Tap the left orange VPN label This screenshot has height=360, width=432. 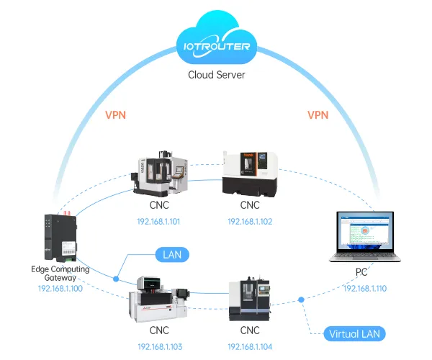click(117, 114)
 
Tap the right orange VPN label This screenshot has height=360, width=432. click(318, 114)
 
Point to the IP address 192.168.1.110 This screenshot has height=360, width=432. click(364, 288)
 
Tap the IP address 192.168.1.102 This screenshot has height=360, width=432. click(250, 221)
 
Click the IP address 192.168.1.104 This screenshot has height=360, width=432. click(250, 346)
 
